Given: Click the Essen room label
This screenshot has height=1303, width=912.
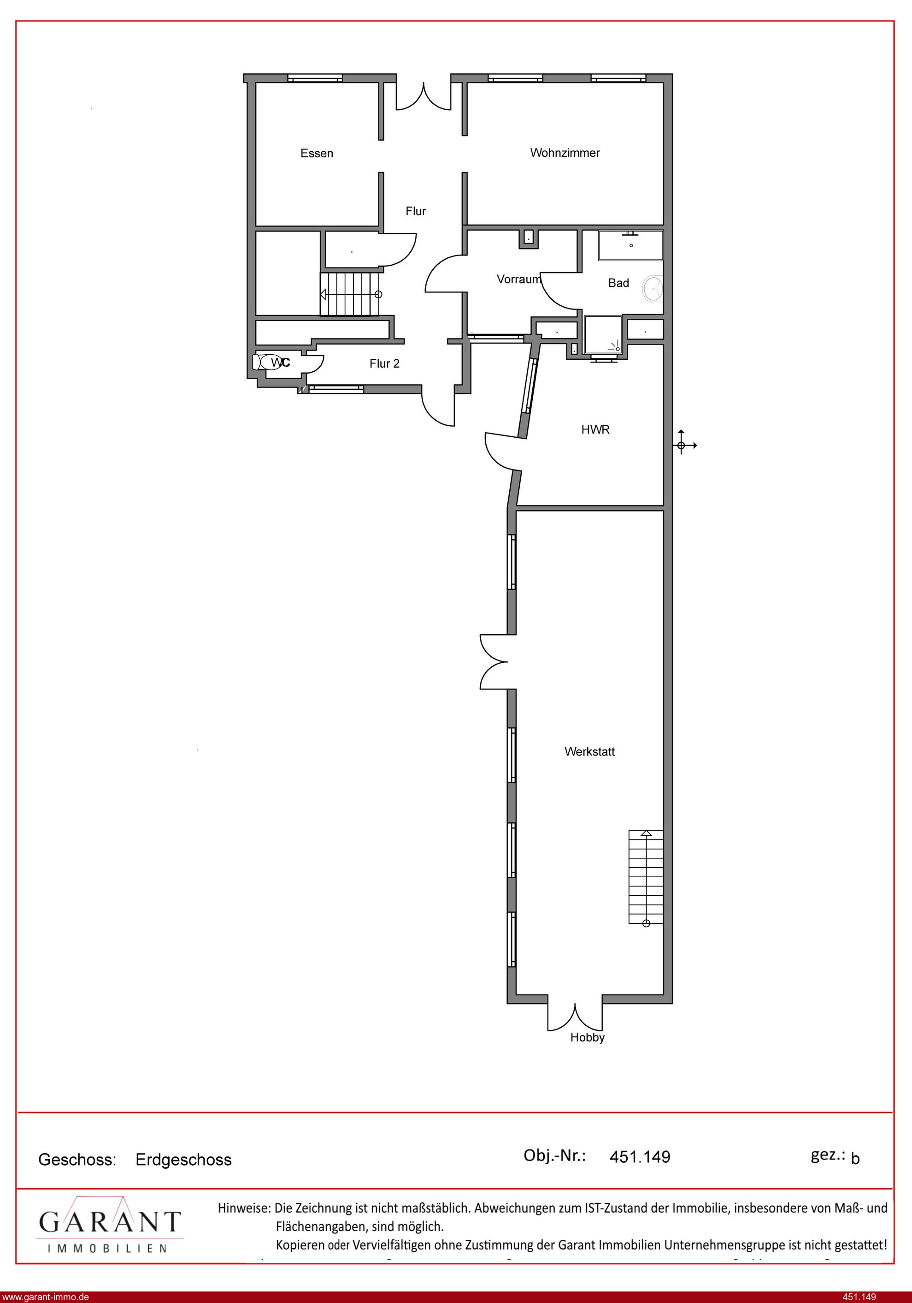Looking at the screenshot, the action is pyautogui.click(x=317, y=153).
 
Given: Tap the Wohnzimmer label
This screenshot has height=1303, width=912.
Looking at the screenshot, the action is pyautogui.click(x=565, y=153).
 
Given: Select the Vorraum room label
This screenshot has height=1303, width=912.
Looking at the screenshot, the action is pyautogui.click(x=519, y=279).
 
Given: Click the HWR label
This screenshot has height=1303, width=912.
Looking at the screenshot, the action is pyautogui.click(x=595, y=429).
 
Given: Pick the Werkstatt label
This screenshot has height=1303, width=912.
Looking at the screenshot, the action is pyautogui.click(x=590, y=751).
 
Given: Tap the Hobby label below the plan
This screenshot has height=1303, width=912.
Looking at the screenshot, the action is pyautogui.click(x=588, y=1038).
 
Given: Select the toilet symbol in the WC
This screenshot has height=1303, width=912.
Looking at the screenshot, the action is pyautogui.click(x=266, y=362).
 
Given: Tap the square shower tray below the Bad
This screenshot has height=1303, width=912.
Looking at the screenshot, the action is pyautogui.click(x=603, y=335).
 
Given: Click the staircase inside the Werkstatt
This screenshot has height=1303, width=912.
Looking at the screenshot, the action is pyautogui.click(x=646, y=877).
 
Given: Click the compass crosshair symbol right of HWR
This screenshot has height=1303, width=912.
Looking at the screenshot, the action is pyautogui.click(x=681, y=446).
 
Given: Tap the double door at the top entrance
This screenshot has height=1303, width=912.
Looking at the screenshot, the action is pyautogui.click(x=423, y=96).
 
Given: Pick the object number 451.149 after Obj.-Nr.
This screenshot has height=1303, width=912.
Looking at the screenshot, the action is pyautogui.click(x=640, y=1157).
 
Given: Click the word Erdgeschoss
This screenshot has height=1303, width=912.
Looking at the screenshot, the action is pyautogui.click(x=184, y=1160).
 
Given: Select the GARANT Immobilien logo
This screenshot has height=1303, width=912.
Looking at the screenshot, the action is pyautogui.click(x=110, y=1224).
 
